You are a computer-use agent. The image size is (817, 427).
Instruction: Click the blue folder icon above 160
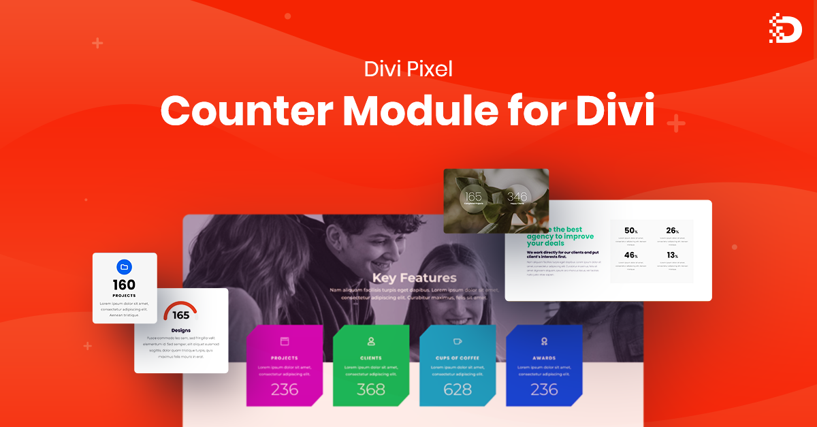point(124,267)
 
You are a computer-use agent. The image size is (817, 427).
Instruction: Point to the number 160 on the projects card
point(124,285)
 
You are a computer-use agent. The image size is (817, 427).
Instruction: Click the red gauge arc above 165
point(180,309)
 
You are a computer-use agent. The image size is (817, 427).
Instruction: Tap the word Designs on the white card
point(180,330)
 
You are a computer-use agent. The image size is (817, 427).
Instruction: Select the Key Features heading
point(414,277)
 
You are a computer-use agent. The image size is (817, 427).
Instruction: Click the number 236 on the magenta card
point(285,390)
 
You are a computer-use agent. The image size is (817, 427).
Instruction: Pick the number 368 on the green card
point(371,390)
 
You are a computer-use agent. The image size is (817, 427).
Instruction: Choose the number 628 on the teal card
point(458,390)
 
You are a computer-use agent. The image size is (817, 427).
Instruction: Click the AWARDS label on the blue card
point(544,358)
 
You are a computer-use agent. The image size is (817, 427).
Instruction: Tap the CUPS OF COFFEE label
point(458,358)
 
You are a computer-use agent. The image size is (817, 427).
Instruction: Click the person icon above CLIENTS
point(371,341)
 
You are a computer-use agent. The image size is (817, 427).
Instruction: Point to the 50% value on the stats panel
point(631,231)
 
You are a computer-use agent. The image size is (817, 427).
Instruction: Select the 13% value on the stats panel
point(673,255)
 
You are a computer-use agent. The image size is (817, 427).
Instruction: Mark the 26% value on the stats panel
point(673,231)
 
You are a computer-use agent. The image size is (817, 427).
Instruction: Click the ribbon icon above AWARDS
point(544,341)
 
